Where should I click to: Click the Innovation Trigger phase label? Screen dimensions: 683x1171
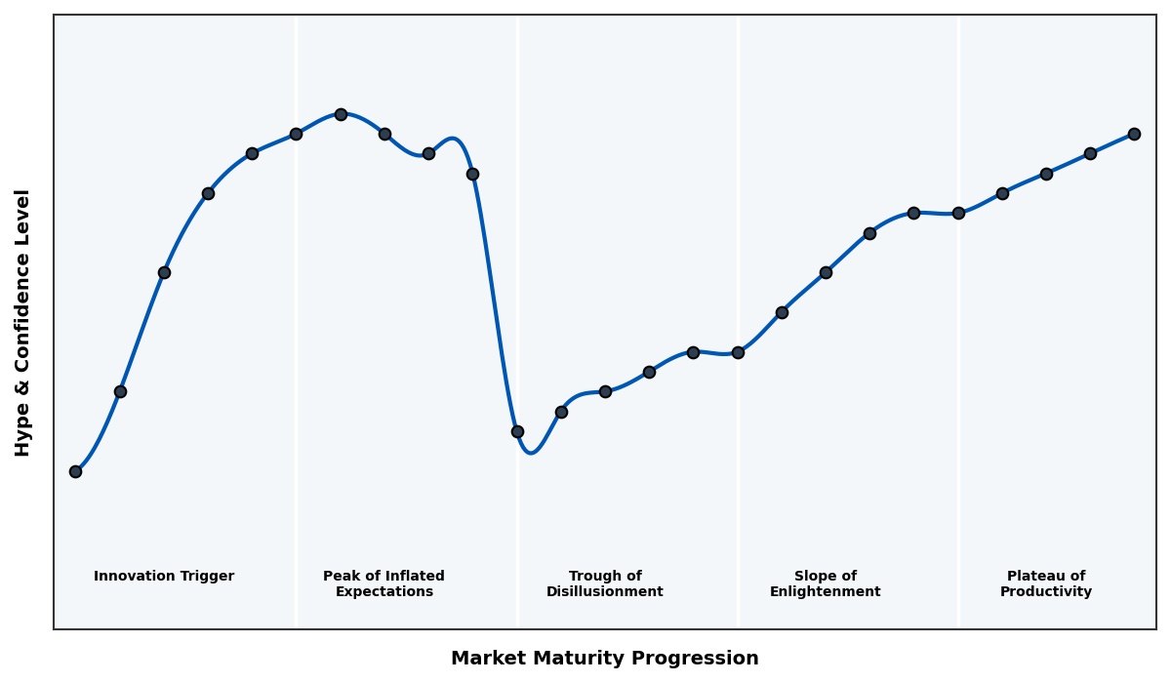164,577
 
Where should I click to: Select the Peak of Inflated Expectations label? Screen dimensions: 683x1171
384,583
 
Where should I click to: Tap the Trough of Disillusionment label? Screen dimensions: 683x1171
605,583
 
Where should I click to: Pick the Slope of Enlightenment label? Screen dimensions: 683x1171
826,583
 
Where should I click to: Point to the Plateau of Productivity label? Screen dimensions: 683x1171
1046,583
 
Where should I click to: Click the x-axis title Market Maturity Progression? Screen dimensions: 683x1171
604,659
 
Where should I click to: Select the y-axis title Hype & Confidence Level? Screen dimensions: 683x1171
23,322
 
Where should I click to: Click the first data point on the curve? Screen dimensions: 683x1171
75,471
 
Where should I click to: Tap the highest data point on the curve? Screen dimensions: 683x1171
341,114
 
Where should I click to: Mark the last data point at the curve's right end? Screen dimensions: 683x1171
1134,134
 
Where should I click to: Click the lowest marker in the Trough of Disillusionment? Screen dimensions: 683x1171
517,431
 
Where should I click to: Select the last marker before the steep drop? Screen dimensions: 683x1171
472,174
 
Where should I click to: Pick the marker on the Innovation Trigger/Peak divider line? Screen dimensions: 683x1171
296,134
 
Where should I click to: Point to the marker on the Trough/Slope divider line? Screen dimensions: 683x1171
738,352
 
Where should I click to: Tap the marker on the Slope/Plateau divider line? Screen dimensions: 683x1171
958,213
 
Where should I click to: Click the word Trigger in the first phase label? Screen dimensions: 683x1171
206,577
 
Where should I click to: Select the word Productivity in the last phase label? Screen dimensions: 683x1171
1046,592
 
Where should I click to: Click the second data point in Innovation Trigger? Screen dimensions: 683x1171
120,391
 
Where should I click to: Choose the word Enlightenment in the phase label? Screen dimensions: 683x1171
826,592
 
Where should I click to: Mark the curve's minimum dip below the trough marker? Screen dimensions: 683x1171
530,453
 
